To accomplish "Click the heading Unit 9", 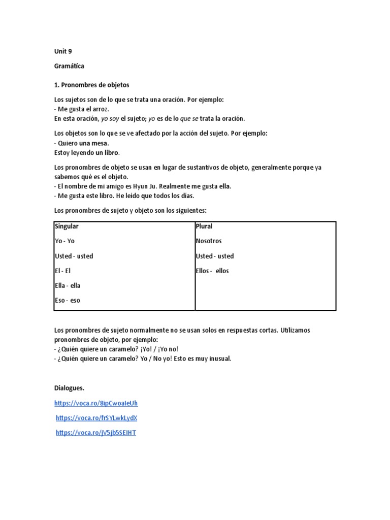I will (x=63, y=51).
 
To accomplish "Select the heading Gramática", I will (x=69, y=66).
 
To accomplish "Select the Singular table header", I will (x=67, y=226).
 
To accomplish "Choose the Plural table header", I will (x=204, y=226).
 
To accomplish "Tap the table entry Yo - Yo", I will (x=64, y=241).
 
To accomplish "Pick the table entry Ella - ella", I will (x=68, y=285).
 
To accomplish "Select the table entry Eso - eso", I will (x=67, y=300).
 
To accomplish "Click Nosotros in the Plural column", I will (x=209, y=241).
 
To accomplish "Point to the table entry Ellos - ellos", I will (x=212, y=271).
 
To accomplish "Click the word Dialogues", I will (x=69, y=388).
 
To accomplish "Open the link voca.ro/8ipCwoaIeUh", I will (x=96, y=403).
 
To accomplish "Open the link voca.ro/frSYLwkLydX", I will (x=96, y=418).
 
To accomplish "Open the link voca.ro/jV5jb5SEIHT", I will (x=96, y=433).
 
